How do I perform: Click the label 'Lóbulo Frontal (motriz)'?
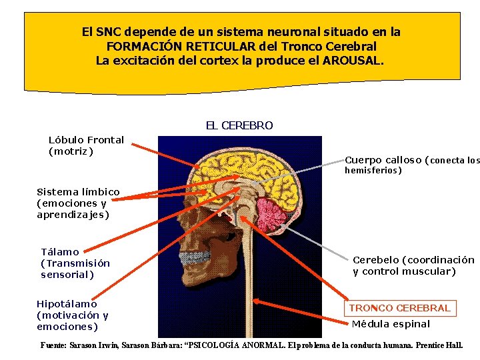pyautogui.click(x=86, y=145)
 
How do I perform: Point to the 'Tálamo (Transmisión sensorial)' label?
pyautogui.click(x=75, y=263)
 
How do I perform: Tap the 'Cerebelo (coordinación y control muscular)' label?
pyautogui.click(x=413, y=265)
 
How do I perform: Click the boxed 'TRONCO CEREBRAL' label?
pyautogui.click(x=399, y=308)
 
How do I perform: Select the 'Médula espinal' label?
pyautogui.click(x=391, y=325)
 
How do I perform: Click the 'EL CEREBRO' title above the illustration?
pyautogui.click(x=239, y=125)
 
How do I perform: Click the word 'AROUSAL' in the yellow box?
pyautogui.click(x=353, y=61)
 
